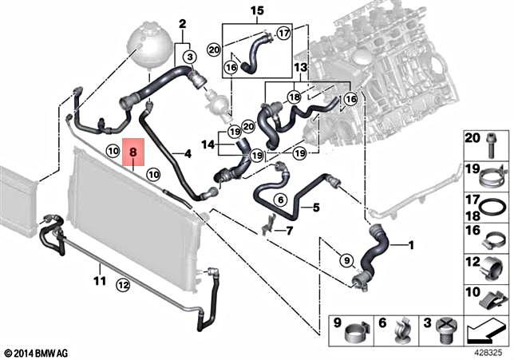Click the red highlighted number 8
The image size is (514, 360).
click(x=133, y=150)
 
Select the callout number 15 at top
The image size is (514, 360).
click(x=255, y=10)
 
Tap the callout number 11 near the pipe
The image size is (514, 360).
click(x=99, y=280)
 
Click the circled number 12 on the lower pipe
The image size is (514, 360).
click(x=121, y=283)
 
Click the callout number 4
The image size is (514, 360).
click(x=188, y=153)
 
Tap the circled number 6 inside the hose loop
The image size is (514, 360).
click(x=280, y=200)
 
